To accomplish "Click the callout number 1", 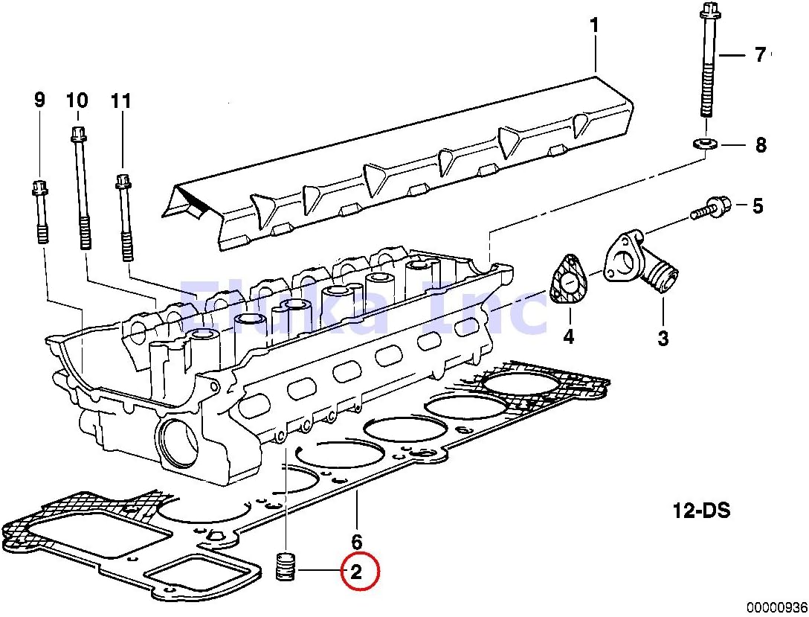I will [594, 26].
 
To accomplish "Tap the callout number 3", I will [663, 338].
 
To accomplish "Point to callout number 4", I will [568, 336].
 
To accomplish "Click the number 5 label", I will [757, 206].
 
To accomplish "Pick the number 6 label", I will [357, 541].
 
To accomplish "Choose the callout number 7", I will [760, 55].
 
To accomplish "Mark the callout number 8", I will [760, 144].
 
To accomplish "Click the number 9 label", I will [39, 100].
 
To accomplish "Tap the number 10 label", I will [77, 100].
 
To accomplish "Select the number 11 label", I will [120, 100].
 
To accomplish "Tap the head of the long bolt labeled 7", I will [707, 13].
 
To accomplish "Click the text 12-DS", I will [701, 511].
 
